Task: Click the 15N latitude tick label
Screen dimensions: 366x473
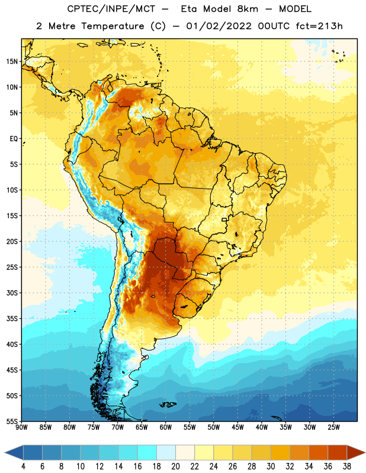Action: click(x=12, y=61)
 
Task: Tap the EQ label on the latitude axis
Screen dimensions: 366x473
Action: click(x=14, y=139)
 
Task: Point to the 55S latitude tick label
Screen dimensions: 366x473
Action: click(x=12, y=421)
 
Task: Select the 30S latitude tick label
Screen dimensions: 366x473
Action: click(x=12, y=293)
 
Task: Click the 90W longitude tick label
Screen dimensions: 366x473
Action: click(x=21, y=427)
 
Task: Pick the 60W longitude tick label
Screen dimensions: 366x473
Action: click(x=166, y=427)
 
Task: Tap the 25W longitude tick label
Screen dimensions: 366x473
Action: click(x=333, y=427)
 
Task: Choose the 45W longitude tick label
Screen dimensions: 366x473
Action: click(x=237, y=427)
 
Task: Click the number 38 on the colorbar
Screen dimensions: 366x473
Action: click(x=346, y=466)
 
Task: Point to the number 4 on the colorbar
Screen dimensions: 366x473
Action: click(x=23, y=466)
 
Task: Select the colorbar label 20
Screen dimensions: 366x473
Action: click(x=175, y=466)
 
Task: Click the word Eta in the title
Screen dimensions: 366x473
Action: click(x=189, y=9)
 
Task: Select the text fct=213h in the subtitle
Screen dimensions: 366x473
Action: click(x=319, y=26)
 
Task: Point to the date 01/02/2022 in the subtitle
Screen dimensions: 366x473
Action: click(x=219, y=26)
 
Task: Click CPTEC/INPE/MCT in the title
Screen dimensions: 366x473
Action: click(x=111, y=9)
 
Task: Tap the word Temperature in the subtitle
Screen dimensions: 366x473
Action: click(x=113, y=27)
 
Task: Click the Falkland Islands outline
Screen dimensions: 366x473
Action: click(x=168, y=404)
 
